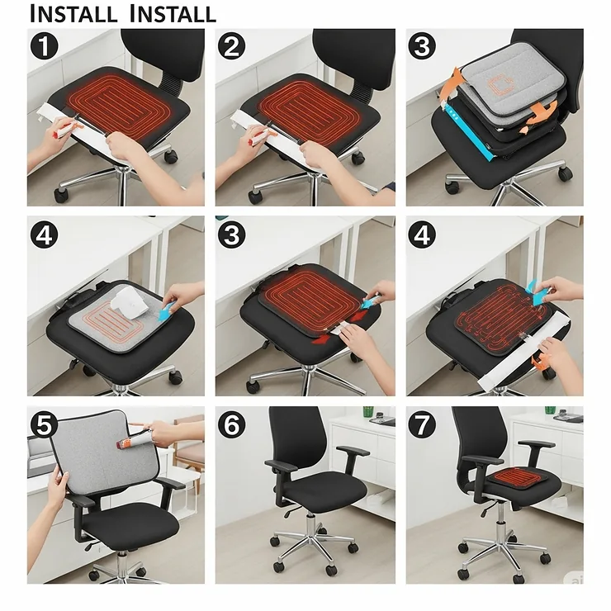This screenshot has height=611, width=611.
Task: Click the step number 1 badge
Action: [44, 46]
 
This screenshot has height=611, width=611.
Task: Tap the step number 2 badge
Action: [233, 46]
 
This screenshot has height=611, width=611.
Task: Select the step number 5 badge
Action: [44, 424]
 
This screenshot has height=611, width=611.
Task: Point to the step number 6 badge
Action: [233, 424]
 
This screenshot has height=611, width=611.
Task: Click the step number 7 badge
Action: [423, 424]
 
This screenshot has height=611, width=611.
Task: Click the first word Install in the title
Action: [73, 14]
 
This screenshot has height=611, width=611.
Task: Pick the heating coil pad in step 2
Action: [305, 107]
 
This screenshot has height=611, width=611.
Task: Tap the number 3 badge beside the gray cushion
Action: [423, 46]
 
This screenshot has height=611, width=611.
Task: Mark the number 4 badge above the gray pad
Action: [44, 235]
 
